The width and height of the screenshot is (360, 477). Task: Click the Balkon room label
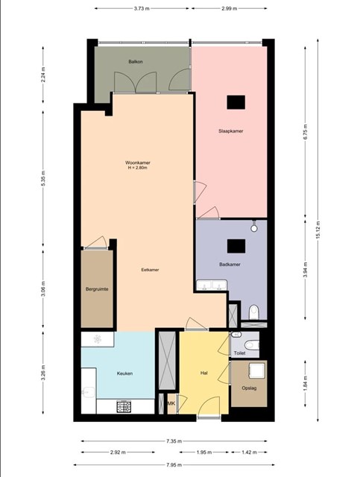[x=136, y=61]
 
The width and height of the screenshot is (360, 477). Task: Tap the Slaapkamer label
[x=230, y=131]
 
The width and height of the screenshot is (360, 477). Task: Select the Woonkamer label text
[x=138, y=162]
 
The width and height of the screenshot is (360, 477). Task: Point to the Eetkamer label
[x=150, y=270]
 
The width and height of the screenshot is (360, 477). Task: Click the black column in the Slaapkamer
[x=236, y=102]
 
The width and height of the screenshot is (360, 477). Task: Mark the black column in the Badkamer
[x=236, y=246]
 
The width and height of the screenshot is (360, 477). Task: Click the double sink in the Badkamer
[x=212, y=285]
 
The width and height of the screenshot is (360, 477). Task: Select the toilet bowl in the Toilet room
[x=252, y=345]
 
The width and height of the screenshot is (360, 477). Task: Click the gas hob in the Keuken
[x=124, y=406]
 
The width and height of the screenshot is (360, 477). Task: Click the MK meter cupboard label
[x=171, y=403]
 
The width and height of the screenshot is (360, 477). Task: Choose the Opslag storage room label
[x=249, y=388]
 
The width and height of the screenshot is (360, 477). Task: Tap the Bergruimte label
[x=97, y=289]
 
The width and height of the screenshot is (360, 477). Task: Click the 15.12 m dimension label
[x=318, y=230]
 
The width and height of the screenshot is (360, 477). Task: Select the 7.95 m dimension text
[x=174, y=465]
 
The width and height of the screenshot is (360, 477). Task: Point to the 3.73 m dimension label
[x=142, y=8]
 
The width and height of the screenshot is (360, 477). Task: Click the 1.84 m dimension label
[x=306, y=383]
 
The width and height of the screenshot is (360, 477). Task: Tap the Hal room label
[x=204, y=373]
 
